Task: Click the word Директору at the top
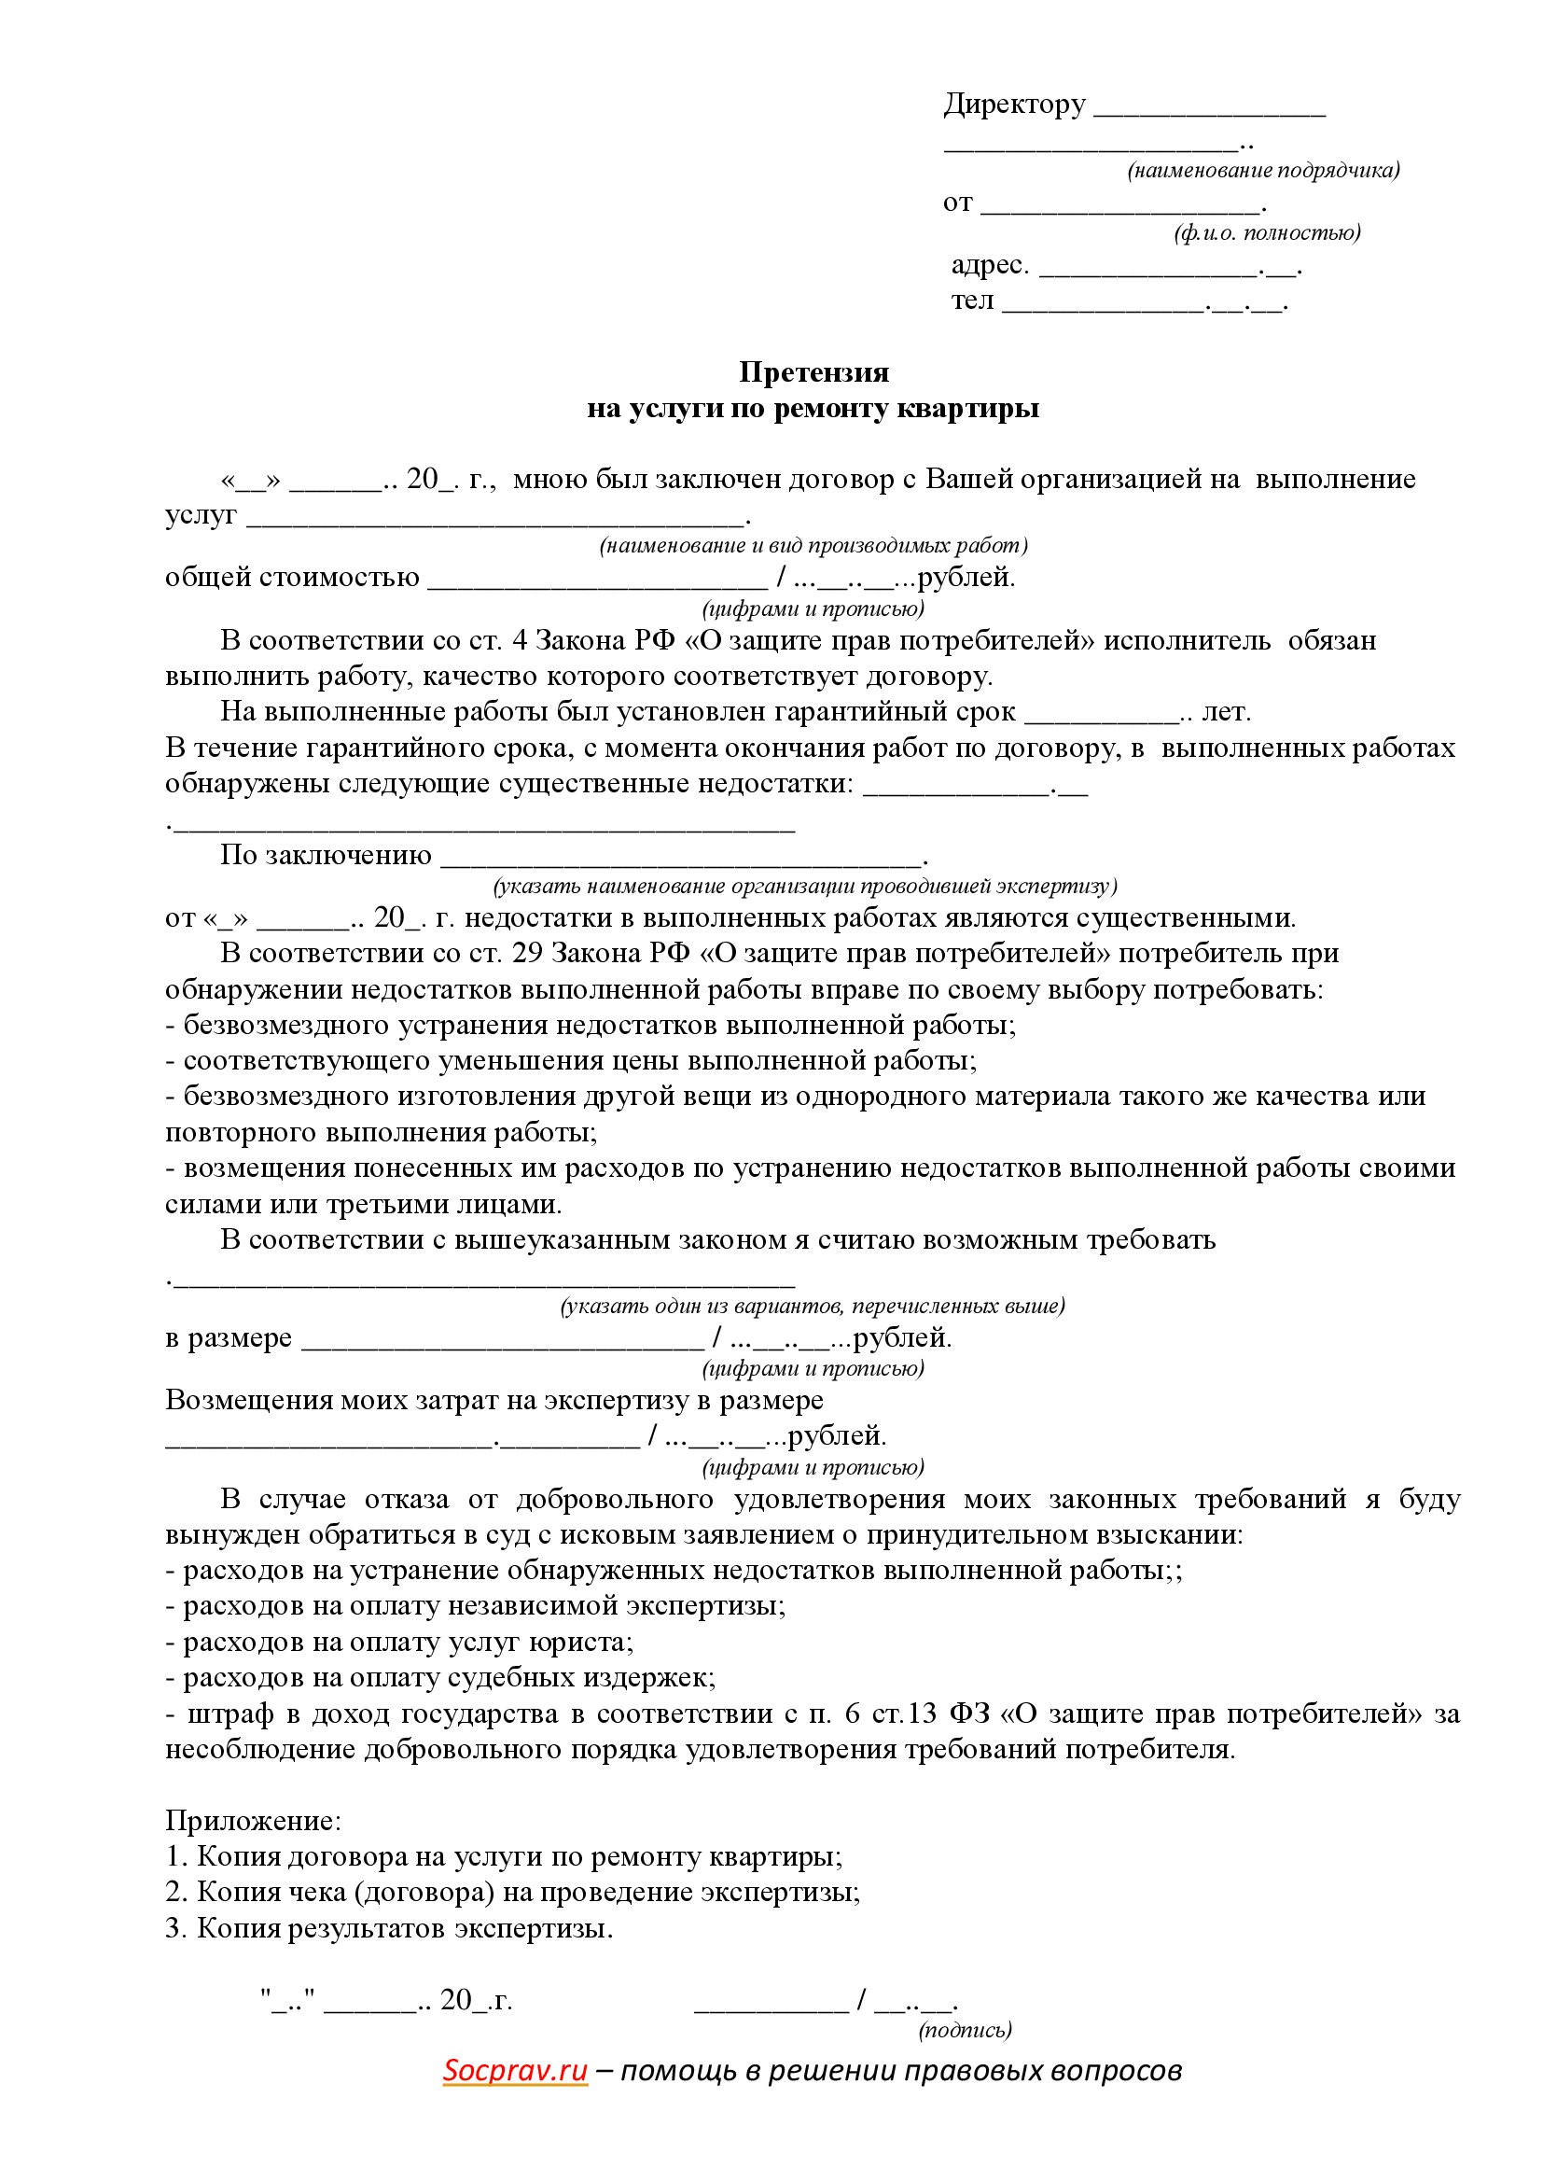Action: [x=1014, y=104]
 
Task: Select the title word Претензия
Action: [x=813, y=371]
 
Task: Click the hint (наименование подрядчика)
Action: [x=1263, y=170]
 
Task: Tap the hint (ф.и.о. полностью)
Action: [x=1267, y=232]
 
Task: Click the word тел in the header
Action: [x=972, y=301]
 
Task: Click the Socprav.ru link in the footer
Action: [x=515, y=2069]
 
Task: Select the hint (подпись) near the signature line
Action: [x=965, y=2029]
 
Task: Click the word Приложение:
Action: [x=253, y=1820]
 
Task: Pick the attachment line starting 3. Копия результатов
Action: [x=389, y=1927]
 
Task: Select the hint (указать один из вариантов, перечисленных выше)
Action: [x=813, y=1306]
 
